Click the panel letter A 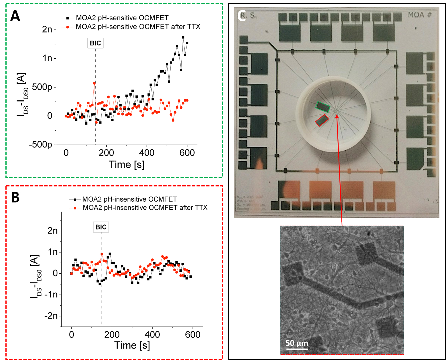(x=15, y=16)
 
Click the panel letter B (x=15, y=197)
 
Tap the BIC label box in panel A (x=95, y=43)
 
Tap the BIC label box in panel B (x=101, y=227)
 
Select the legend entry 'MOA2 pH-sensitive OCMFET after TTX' (x=138, y=27)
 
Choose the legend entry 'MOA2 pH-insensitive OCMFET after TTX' (x=145, y=208)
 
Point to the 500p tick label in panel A (x=42, y=87)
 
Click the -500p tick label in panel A (x=41, y=145)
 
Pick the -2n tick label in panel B (x=51, y=316)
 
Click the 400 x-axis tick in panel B (x=152, y=335)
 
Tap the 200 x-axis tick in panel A (x=106, y=153)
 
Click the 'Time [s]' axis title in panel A (x=127, y=165)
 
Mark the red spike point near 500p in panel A (x=94, y=83)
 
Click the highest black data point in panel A (x=183, y=37)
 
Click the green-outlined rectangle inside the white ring (x=323, y=107)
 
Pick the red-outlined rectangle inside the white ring (x=322, y=120)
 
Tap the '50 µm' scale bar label (x=297, y=343)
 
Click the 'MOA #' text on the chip (x=419, y=15)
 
